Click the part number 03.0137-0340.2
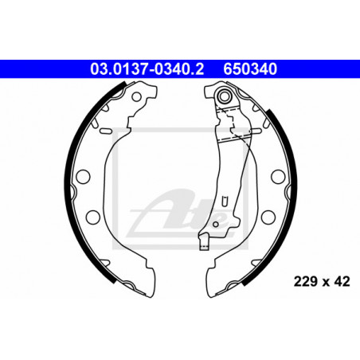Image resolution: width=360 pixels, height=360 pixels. [x=147, y=69]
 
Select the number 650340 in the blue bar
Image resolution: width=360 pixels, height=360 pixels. [x=250, y=69]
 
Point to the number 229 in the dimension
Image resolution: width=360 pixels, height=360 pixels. [x=305, y=281]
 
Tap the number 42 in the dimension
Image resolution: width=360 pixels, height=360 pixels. [x=342, y=281]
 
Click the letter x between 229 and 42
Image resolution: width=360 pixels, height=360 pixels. [x=326, y=283]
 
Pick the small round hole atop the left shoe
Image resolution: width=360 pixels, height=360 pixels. [x=136, y=97]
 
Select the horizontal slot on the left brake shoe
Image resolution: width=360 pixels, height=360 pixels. [x=105, y=131]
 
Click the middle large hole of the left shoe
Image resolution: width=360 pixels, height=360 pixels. [x=83, y=176]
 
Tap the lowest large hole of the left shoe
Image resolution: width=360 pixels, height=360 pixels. [x=93, y=217]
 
